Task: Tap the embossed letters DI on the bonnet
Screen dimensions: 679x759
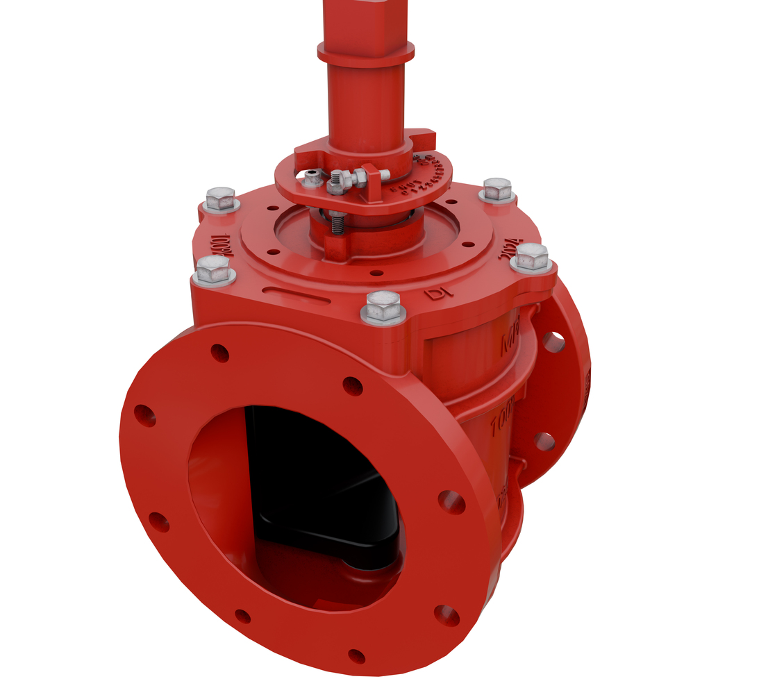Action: (x=440, y=292)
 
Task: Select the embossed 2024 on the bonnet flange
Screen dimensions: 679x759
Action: (x=510, y=249)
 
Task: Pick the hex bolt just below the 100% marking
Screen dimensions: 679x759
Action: (x=213, y=269)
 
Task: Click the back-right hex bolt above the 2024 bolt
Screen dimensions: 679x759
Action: (x=497, y=189)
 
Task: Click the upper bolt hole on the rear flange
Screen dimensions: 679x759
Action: (x=553, y=341)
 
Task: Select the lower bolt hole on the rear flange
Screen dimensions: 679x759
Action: (x=544, y=441)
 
